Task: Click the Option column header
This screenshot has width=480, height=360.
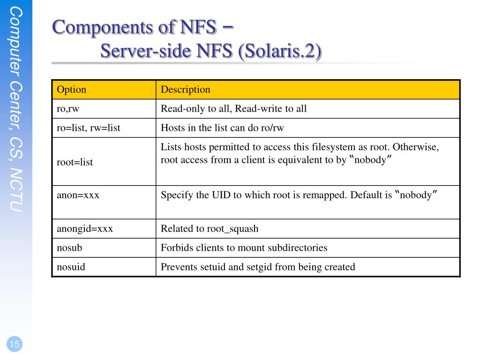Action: [x=72, y=90]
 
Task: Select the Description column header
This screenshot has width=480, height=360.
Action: [x=186, y=90]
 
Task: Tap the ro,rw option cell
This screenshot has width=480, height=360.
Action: [x=68, y=109]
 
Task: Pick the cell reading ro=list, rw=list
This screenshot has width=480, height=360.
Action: [x=89, y=128]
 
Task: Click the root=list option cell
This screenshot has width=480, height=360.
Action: [x=75, y=162]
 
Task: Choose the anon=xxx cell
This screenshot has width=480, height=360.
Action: [x=78, y=195]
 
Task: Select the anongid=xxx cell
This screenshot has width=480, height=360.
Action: [x=85, y=229]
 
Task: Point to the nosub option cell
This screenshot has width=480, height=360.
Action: [x=69, y=248]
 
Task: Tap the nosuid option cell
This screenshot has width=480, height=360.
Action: [x=71, y=267]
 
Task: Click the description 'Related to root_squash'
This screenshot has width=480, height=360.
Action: [x=210, y=229]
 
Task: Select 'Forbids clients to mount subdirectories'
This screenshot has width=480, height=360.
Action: [x=244, y=248]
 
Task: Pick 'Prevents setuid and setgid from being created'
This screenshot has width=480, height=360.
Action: [x=258, y=267]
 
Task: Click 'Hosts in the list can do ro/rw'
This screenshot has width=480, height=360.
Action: [x=222, y=128]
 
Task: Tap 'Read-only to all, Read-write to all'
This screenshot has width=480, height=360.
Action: [x=233, y=109]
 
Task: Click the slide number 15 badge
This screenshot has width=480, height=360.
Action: [x=15, y=345]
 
